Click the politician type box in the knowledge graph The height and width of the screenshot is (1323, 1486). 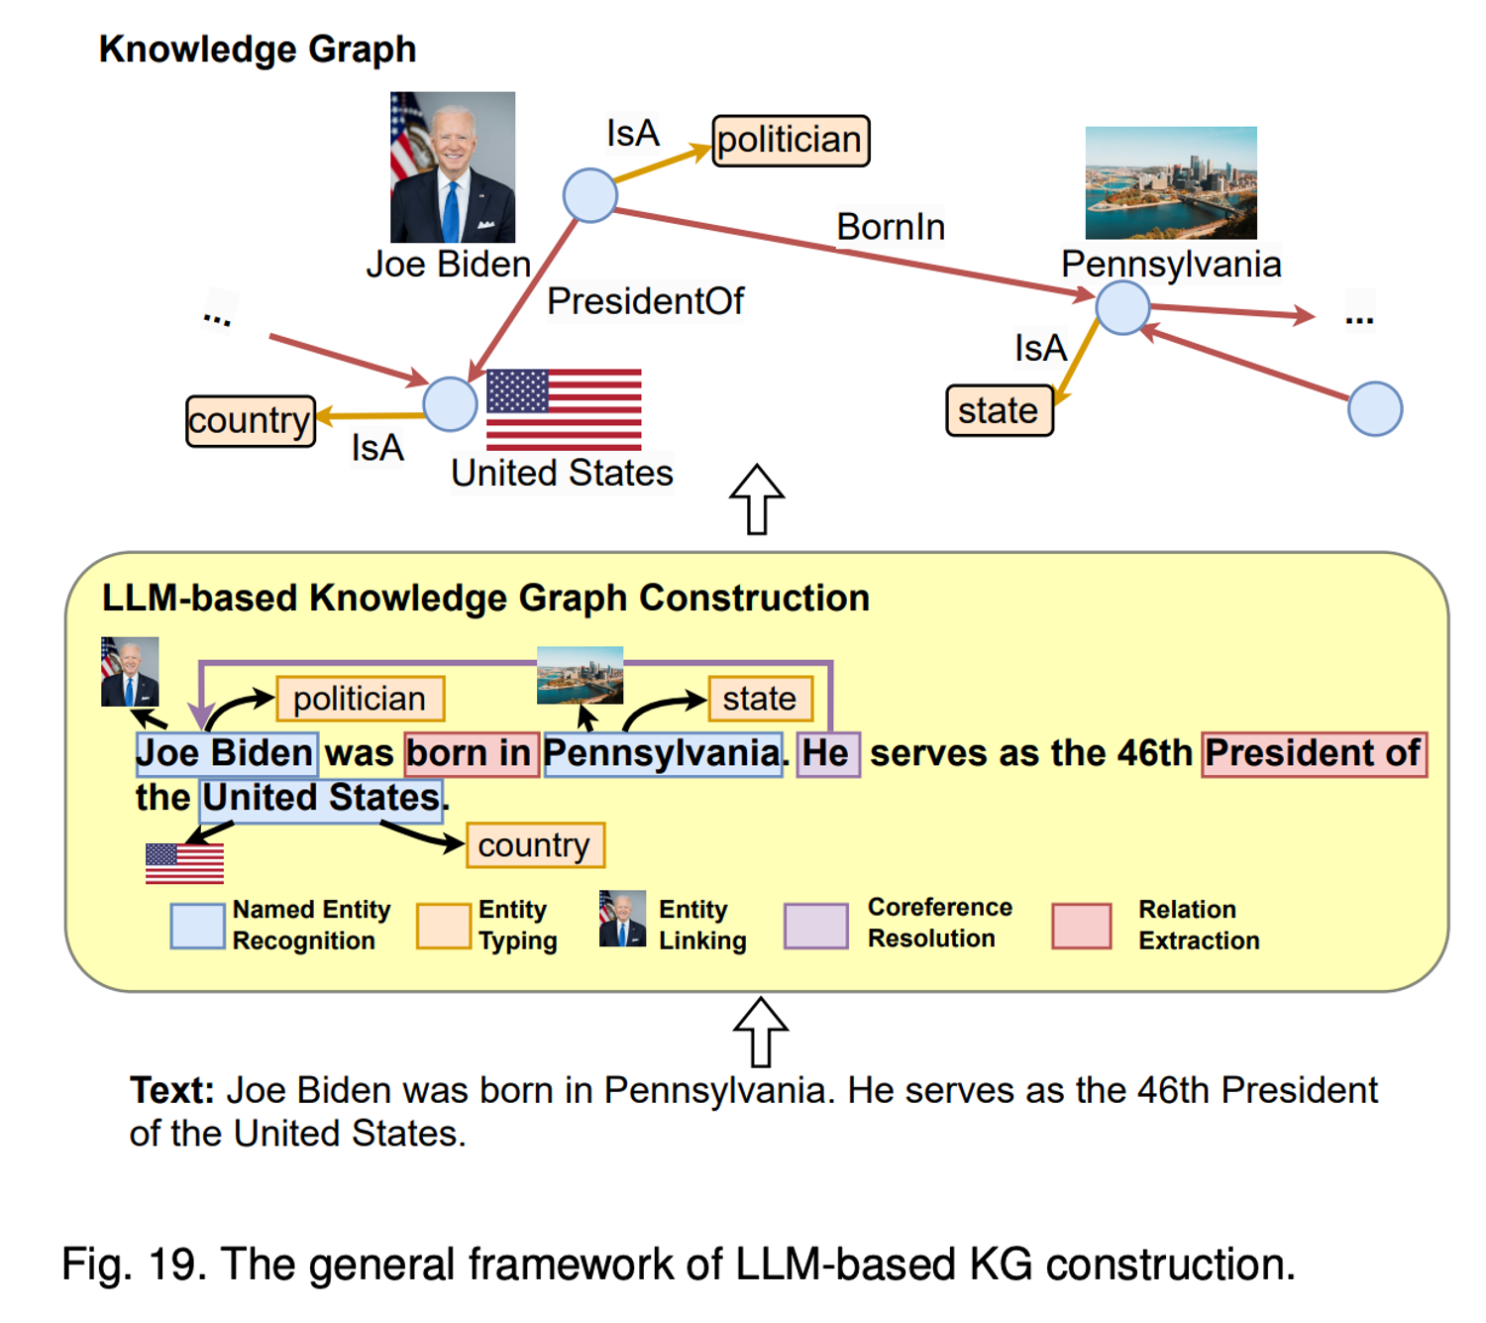coord(791,141)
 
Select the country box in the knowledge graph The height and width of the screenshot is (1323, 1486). coord(251,421)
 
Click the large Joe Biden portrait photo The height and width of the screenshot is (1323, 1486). coord(453,167)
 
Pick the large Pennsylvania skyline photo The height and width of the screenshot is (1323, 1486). coord(1171,183)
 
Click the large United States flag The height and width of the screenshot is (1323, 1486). coord(564,409)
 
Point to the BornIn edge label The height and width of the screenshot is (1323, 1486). coord(891,227)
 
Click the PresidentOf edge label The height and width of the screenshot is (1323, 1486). coord(645,301)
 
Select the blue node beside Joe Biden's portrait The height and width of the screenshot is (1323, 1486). coord(590,195)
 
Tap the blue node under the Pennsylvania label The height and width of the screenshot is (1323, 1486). coord(1122,307)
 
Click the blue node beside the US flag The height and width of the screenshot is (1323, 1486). coord(450,404)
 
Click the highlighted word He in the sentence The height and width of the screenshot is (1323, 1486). coord(827,754)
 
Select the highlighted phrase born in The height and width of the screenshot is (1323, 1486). coord(472,754)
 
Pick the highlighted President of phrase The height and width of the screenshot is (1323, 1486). coord(1314,754)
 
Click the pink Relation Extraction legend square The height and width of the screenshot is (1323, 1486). coord(1081,926)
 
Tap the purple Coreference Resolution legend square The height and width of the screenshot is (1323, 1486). coord(815,926)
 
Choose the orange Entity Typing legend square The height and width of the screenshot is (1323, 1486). coord(443,926)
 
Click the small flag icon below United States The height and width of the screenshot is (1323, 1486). coord(184,863)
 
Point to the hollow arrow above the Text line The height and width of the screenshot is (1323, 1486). coord(761,1032)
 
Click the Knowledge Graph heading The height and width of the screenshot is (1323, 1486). coord(258,50)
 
